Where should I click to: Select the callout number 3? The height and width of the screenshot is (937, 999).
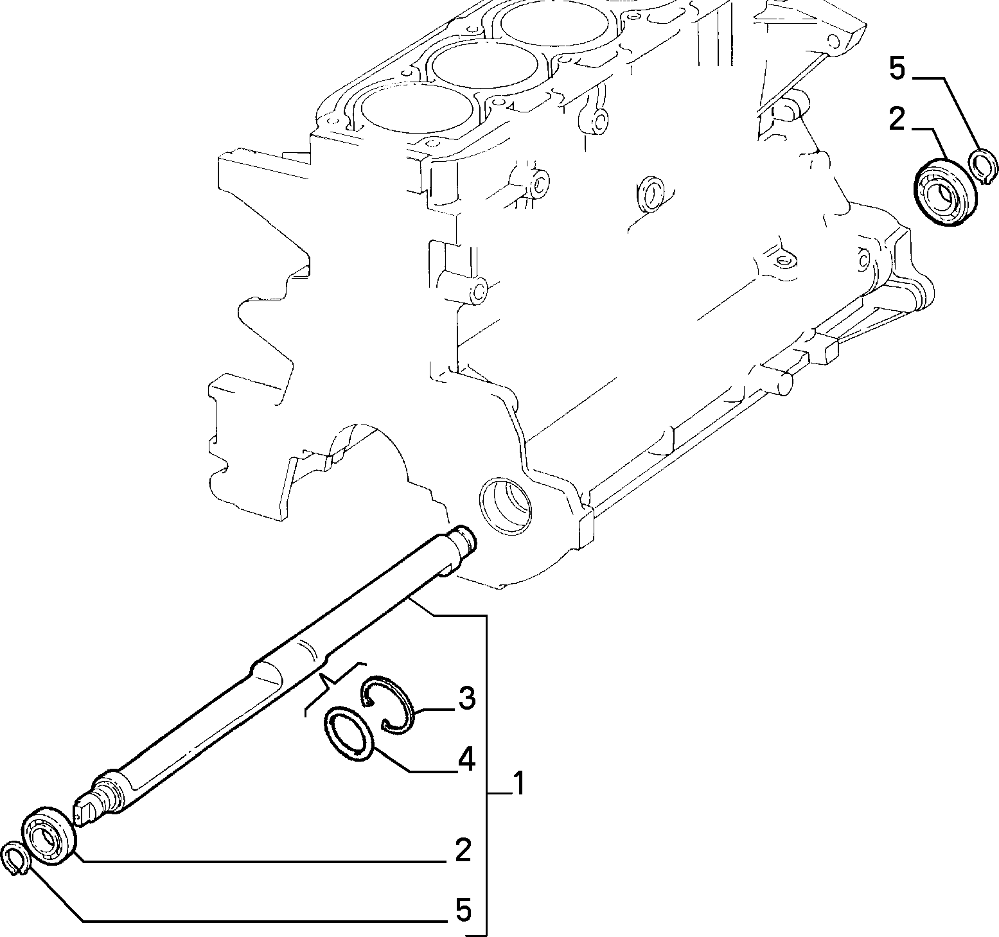[466, 699]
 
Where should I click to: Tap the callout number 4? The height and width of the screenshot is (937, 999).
[466, 760]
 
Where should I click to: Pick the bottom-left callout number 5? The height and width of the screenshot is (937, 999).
[463, 910]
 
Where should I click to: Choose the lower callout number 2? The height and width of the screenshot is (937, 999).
[463, 850]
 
